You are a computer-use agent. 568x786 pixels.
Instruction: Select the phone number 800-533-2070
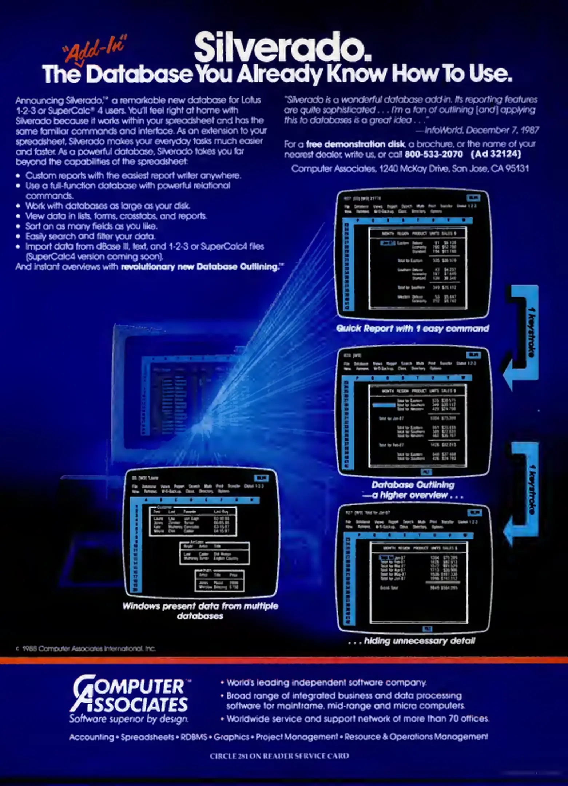(433, 154)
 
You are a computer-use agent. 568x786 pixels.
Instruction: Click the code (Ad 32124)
(496, 154)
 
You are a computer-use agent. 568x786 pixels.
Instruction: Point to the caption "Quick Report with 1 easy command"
(412, 329)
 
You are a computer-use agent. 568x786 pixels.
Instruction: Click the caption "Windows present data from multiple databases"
(200, 611)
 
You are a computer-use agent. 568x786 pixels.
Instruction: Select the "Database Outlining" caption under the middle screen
(413, 485)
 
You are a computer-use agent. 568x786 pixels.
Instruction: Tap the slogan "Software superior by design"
(129, 719)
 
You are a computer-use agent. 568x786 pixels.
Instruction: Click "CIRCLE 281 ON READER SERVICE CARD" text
(279, 756)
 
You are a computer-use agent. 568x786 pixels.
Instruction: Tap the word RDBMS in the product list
(194, 737)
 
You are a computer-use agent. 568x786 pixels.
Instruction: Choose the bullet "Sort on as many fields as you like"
(91, 226)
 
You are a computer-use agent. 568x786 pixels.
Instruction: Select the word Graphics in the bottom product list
(231, 737)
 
